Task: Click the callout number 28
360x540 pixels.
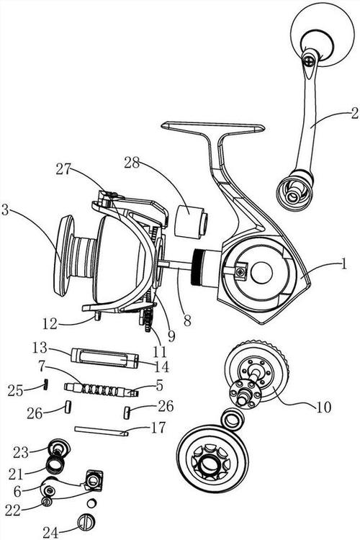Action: click(132, 163)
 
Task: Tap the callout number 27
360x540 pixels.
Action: click(64, 169)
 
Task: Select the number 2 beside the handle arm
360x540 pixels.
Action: click(354, 113)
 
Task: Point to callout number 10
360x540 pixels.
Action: click(323, 407)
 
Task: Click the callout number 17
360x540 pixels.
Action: click(158, 428)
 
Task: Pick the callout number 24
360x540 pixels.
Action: click(50, 532)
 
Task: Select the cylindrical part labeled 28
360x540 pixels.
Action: click(192, 221)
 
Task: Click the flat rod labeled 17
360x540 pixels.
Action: click(102, 431)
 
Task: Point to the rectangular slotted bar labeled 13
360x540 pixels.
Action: click(104, 359)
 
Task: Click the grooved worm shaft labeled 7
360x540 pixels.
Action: click(101, 390)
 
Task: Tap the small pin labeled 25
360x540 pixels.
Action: click(45, 383)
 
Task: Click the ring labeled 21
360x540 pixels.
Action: click(55, 465)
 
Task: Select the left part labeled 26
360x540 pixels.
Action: click(68, 406)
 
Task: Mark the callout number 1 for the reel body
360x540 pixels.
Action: click(343, 264)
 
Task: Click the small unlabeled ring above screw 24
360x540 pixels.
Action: click(91, 503)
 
